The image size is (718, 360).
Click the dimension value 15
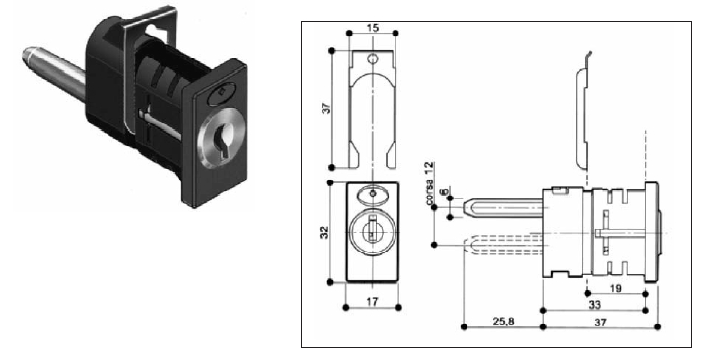tap(373, 28)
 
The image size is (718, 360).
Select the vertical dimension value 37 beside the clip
tap(327, 108)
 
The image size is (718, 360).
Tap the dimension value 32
tap(324, 232)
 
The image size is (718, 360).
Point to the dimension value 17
tap(372, 302)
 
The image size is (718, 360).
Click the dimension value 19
tap(616, 288)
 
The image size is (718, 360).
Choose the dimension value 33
tap(594, 305)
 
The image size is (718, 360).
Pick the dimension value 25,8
tap(503, 322)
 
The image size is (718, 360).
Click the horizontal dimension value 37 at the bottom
tap(600, 322)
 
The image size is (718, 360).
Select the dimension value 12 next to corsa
tap(429, 168)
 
